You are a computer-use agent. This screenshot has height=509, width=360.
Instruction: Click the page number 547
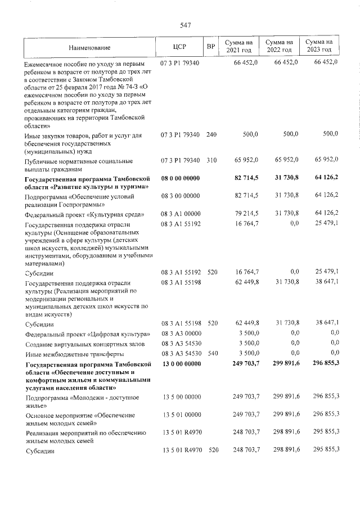point(186,25)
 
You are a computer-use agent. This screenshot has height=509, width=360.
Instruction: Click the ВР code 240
point(211,135)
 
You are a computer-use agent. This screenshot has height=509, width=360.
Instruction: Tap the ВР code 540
point(211,354)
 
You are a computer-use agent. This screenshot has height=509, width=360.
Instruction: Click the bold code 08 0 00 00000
point(181,178)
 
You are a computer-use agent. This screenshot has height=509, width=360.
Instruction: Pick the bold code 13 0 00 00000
point(181,365)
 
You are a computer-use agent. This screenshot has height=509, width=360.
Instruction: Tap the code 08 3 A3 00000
point(181,334)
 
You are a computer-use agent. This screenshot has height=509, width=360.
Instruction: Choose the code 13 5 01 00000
point(181,415)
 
